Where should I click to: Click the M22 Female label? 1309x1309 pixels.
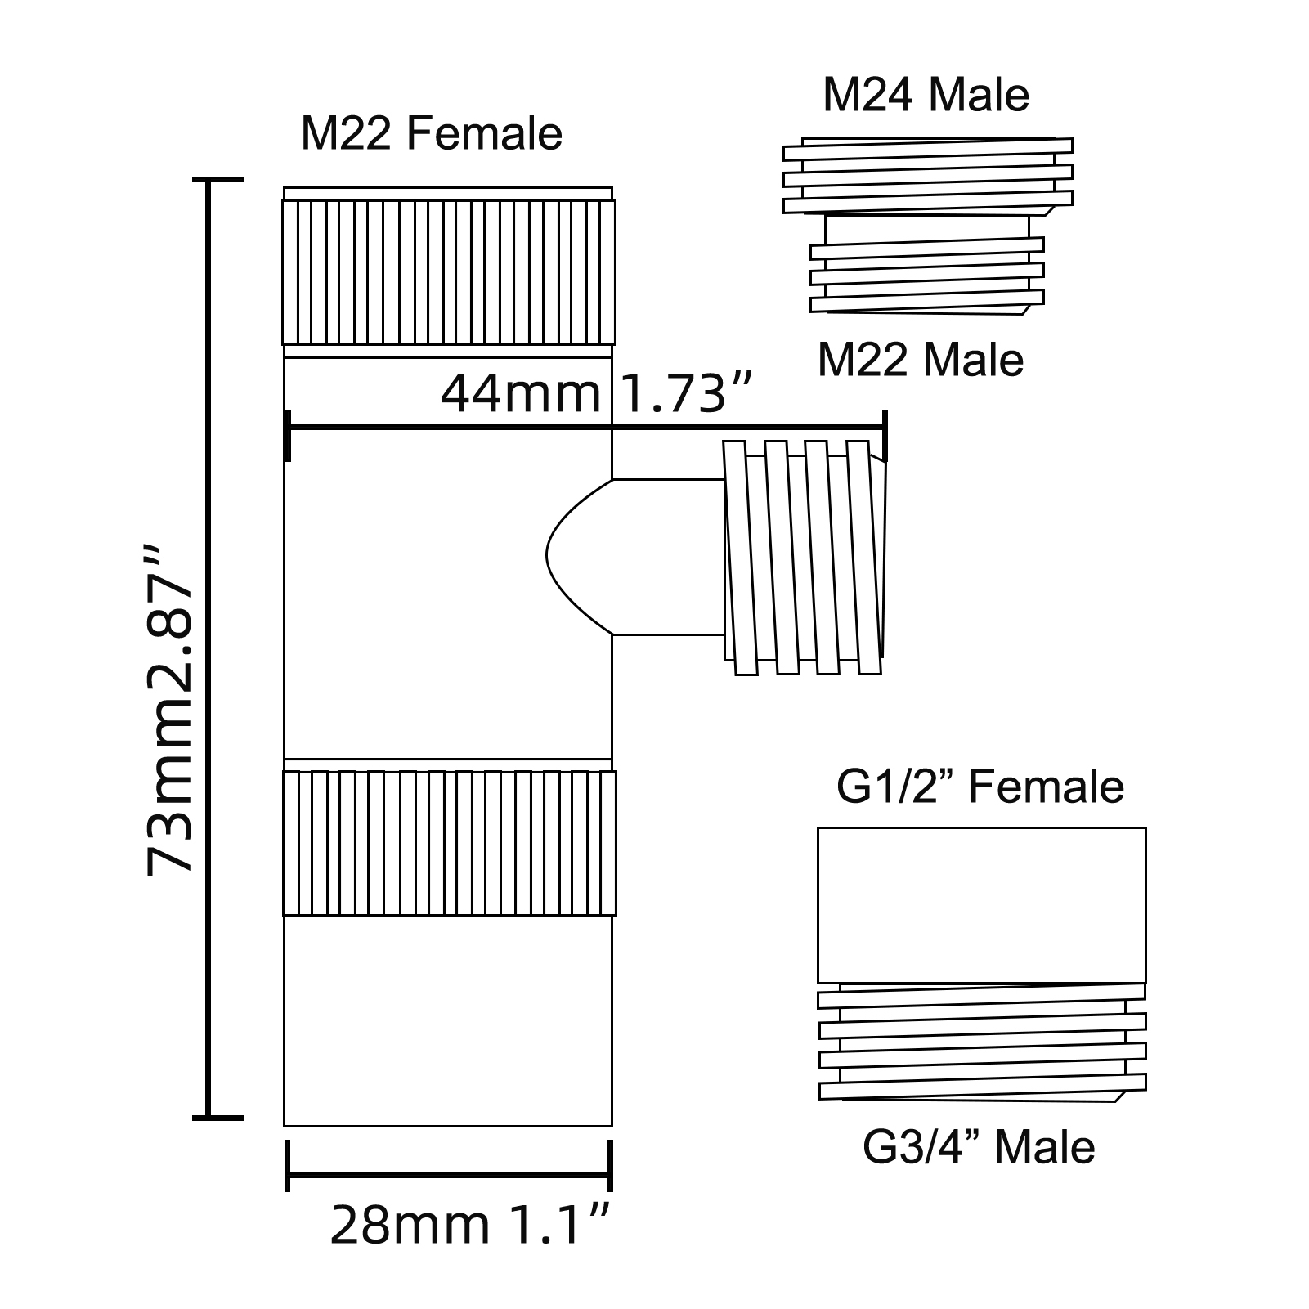[x=432, y=133]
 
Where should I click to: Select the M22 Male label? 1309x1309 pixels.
[x=921, y=360]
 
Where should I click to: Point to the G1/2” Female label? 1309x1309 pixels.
[x=980, y=787]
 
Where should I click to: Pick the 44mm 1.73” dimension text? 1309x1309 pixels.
[x=595, y=393]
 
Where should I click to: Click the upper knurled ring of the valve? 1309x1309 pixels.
[x=449, y=272]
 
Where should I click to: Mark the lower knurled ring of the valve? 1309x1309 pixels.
[x=450, y=843]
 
